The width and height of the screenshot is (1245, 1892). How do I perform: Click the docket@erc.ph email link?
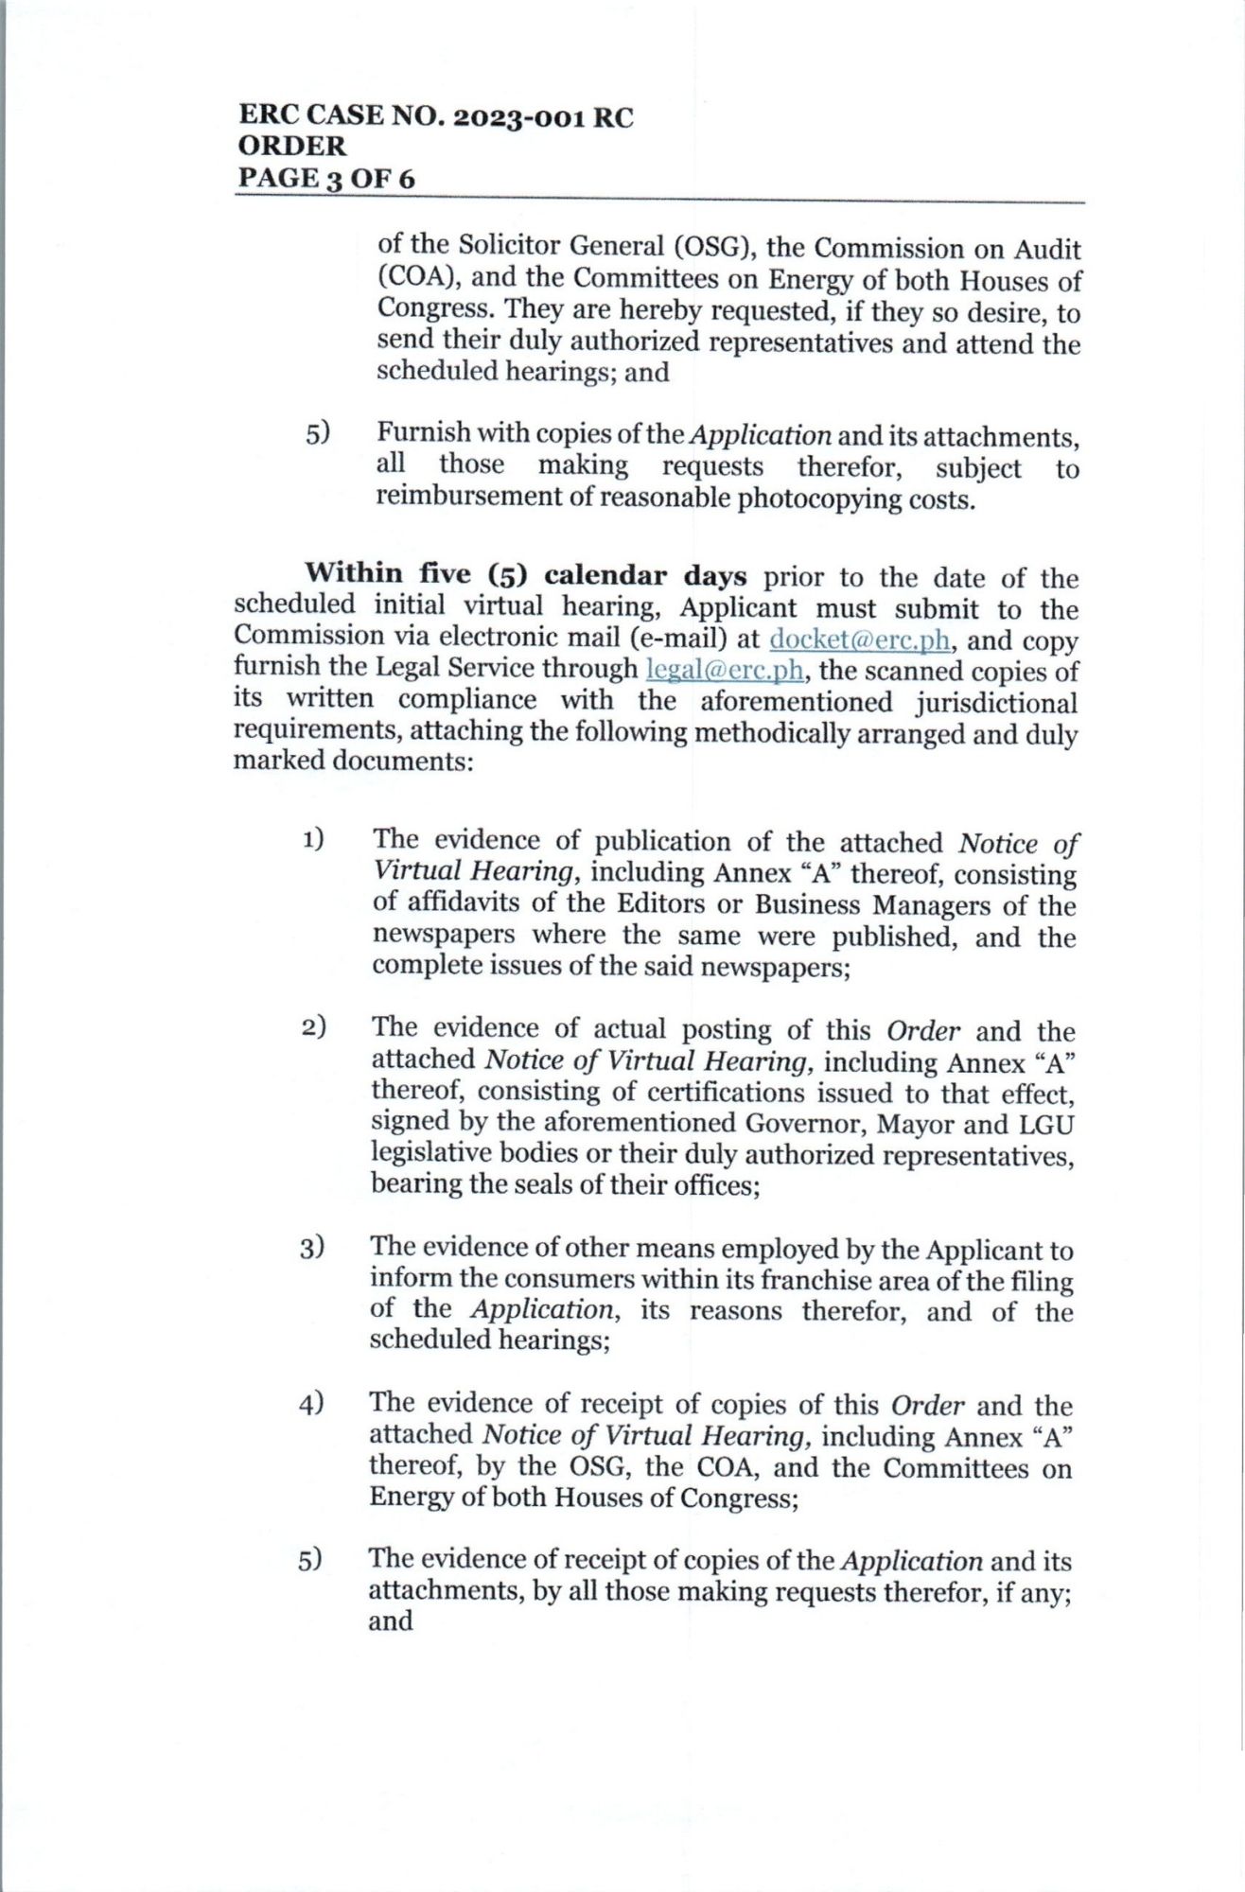[x=859, y=639]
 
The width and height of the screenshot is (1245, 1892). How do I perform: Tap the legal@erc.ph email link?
[x=725, y=670]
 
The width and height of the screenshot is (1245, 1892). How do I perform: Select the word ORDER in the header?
[x=292, y=147]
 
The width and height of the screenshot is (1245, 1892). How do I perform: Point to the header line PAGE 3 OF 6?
[x=325, y=178]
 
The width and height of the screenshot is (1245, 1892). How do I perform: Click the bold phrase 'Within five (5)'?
[x=415, y=575]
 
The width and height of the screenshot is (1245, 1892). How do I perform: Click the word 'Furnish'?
[x=423, y=434]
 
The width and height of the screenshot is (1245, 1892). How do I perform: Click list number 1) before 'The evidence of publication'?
[x=314, y=839]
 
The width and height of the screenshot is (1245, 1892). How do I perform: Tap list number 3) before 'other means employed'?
[x=313, y=1248]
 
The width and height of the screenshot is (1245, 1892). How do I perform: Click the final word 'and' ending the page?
[x=391, y=1620]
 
